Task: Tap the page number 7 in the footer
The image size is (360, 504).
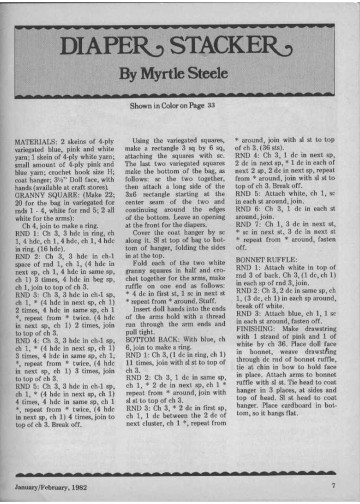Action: coord(330,486)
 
